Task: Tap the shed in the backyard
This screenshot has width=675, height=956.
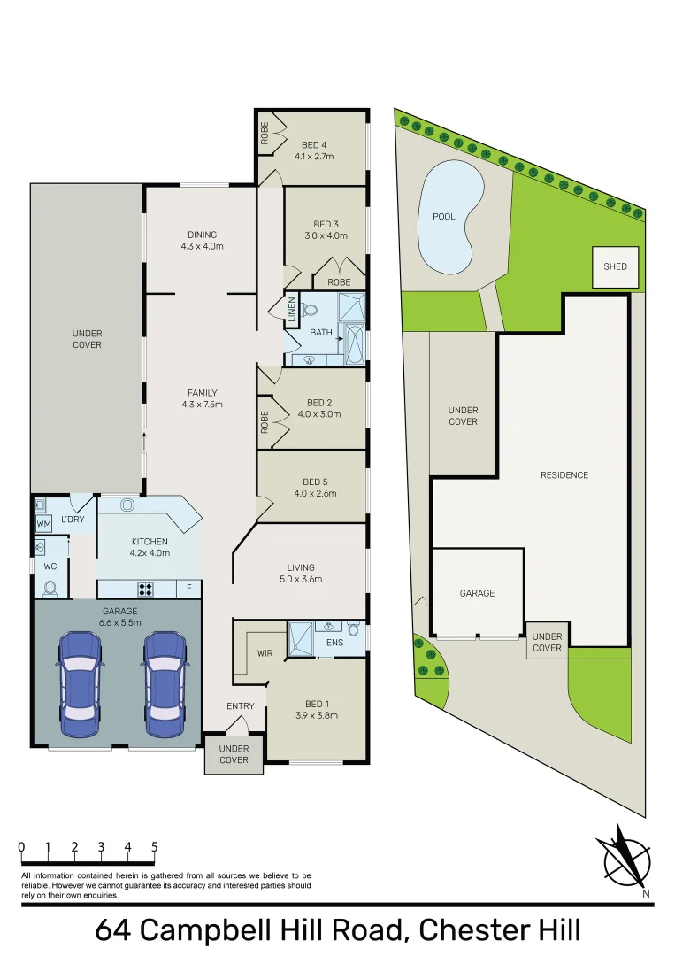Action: [616, 266]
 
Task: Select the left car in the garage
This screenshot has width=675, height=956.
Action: [80, 684]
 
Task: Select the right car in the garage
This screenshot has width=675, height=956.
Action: [164, 684]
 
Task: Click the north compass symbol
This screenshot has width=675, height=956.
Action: [626, 859]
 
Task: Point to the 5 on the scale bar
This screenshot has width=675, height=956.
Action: [155, 847]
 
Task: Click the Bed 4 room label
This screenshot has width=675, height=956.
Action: [314, 150]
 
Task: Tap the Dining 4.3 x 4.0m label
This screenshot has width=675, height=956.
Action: [203, 240]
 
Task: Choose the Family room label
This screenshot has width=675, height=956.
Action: [203, 398]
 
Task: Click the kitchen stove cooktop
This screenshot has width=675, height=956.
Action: [145, 589]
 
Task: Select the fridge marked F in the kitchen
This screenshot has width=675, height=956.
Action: [188, 589]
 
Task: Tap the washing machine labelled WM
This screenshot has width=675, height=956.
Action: [43, 524]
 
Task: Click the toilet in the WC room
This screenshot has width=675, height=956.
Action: [50, 588]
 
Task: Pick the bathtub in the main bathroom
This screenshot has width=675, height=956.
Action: [354, 343]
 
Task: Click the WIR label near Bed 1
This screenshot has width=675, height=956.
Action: [265, 653]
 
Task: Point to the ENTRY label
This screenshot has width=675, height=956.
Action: [240, 706]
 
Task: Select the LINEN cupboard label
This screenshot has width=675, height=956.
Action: [292, 310]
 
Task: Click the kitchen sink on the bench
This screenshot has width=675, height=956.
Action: [127, 505]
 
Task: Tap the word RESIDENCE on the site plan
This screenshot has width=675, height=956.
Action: [564, 475]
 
